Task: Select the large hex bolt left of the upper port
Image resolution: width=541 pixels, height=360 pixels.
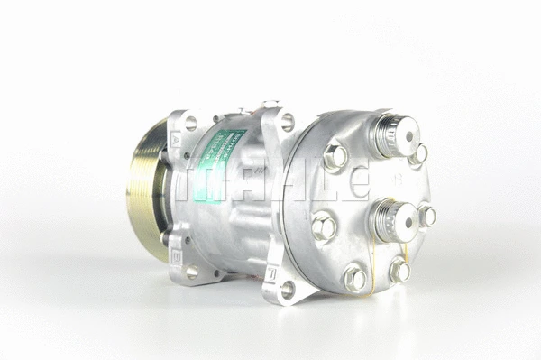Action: tap(335, 157)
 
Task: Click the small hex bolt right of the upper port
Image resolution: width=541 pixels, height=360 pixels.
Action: tap(419, 154)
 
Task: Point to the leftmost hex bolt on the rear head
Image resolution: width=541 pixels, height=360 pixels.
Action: tap(324, 226)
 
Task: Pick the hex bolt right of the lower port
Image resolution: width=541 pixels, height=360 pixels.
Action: tap(426, 216)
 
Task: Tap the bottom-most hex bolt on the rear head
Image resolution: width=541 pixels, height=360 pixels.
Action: tap(354, 279)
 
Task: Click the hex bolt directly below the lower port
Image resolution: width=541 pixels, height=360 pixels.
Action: tap(398, 270)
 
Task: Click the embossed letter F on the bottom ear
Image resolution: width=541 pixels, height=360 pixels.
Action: tap(270, 269)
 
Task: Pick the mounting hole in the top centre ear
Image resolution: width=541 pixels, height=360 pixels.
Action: tap(287, 121)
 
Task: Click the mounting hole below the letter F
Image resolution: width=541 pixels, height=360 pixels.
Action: tap(288, 289)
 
